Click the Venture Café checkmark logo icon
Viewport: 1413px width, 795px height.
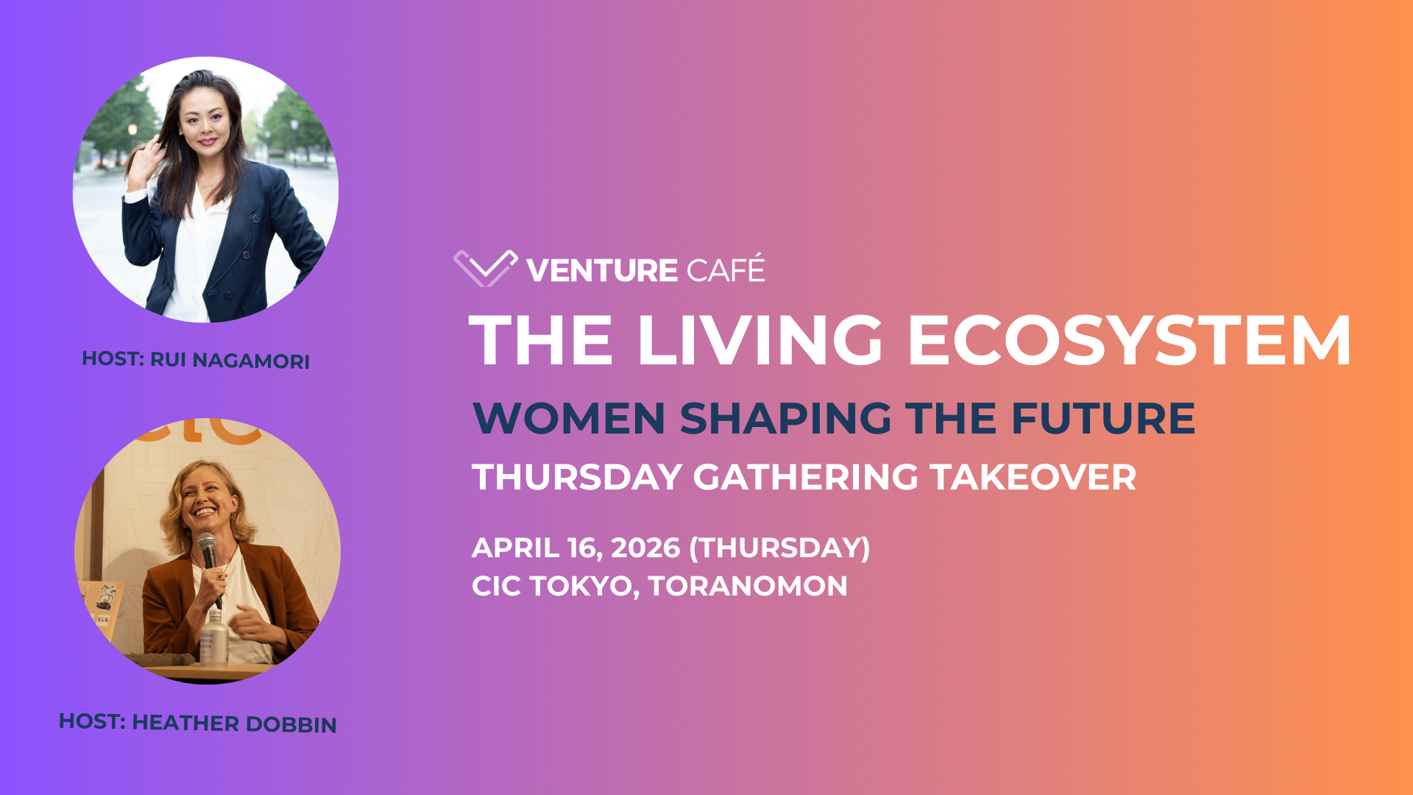click(x=485, y=268)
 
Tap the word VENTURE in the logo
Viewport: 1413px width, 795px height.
click(x=601, y=271)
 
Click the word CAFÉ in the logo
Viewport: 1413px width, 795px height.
click(x=726, y=269)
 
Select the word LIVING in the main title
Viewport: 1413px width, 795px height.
click(x=759, y=340)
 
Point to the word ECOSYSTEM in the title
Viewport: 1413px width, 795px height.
click(x=1130, y=340)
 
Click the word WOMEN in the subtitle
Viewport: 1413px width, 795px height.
click(x=569, y=419)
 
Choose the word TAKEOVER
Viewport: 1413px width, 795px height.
click(x=1033, y=478)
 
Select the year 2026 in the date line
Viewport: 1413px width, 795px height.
click(x=645, y=548)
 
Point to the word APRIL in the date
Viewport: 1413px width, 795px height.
click(x=515, y=548)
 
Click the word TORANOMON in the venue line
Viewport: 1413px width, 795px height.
click(x=748, y=587)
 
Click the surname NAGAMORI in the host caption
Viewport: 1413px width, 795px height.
click(x=251, y=361)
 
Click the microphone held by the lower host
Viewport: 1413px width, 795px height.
click(x=208, y=552)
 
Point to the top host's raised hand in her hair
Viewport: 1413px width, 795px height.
click(x=151, y=151)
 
